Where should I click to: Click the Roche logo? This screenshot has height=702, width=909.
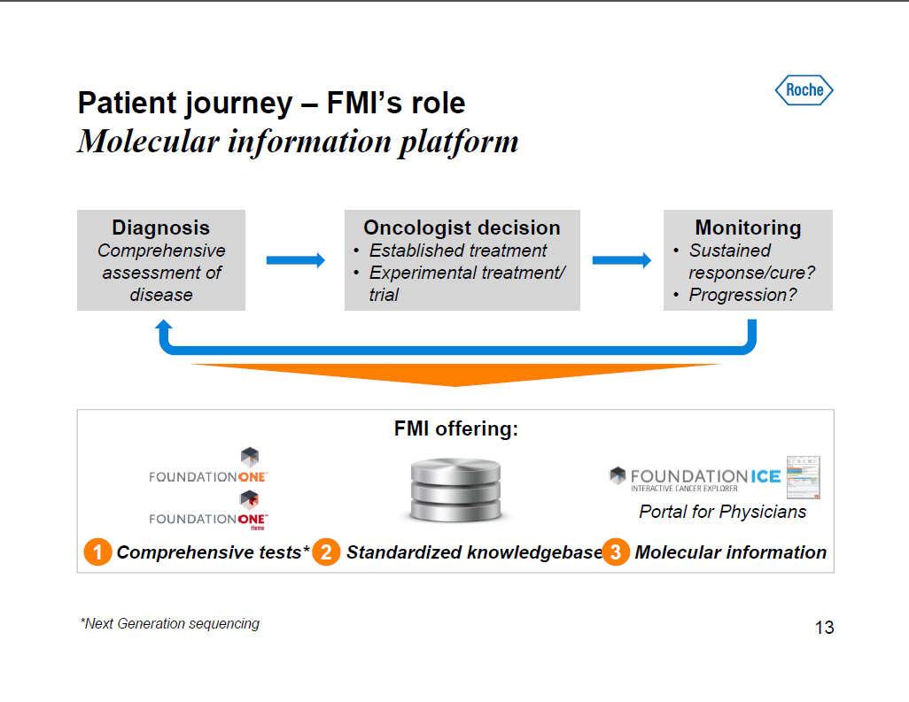804,89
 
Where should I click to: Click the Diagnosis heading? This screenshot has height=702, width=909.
160,228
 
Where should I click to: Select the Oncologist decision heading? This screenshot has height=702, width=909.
462,228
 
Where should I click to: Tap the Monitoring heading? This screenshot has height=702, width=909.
748,228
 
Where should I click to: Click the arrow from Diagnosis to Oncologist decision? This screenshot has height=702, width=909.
296,259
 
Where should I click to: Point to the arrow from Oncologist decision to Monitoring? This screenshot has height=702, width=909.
621,259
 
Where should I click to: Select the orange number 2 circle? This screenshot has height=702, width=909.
326,552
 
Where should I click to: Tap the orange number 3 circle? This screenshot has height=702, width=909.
616,552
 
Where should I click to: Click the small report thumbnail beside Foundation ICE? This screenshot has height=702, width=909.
804,477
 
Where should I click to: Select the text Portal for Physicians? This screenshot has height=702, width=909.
722,512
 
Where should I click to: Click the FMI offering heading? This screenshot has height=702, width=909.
455,429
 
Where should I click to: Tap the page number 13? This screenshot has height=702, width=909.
824,628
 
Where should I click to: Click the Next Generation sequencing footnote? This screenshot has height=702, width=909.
170,623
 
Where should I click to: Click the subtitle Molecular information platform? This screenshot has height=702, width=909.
298,142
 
